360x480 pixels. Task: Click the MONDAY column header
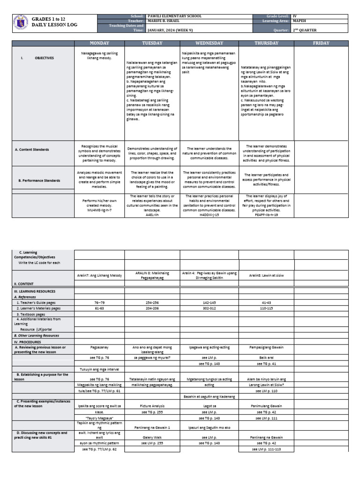point(99,43)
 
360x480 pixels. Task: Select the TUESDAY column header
point(152,43)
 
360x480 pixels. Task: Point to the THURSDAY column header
point(266,43)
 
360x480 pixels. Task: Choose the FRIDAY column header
point(321,43)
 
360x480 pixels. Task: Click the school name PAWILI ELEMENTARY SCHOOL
point(174,16)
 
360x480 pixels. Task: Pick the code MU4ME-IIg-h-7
point(99,210)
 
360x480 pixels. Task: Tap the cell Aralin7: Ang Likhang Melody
point(99,277)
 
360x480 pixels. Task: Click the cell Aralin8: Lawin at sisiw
point(266,277)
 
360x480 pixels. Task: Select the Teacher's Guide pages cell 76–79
point(99,303)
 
